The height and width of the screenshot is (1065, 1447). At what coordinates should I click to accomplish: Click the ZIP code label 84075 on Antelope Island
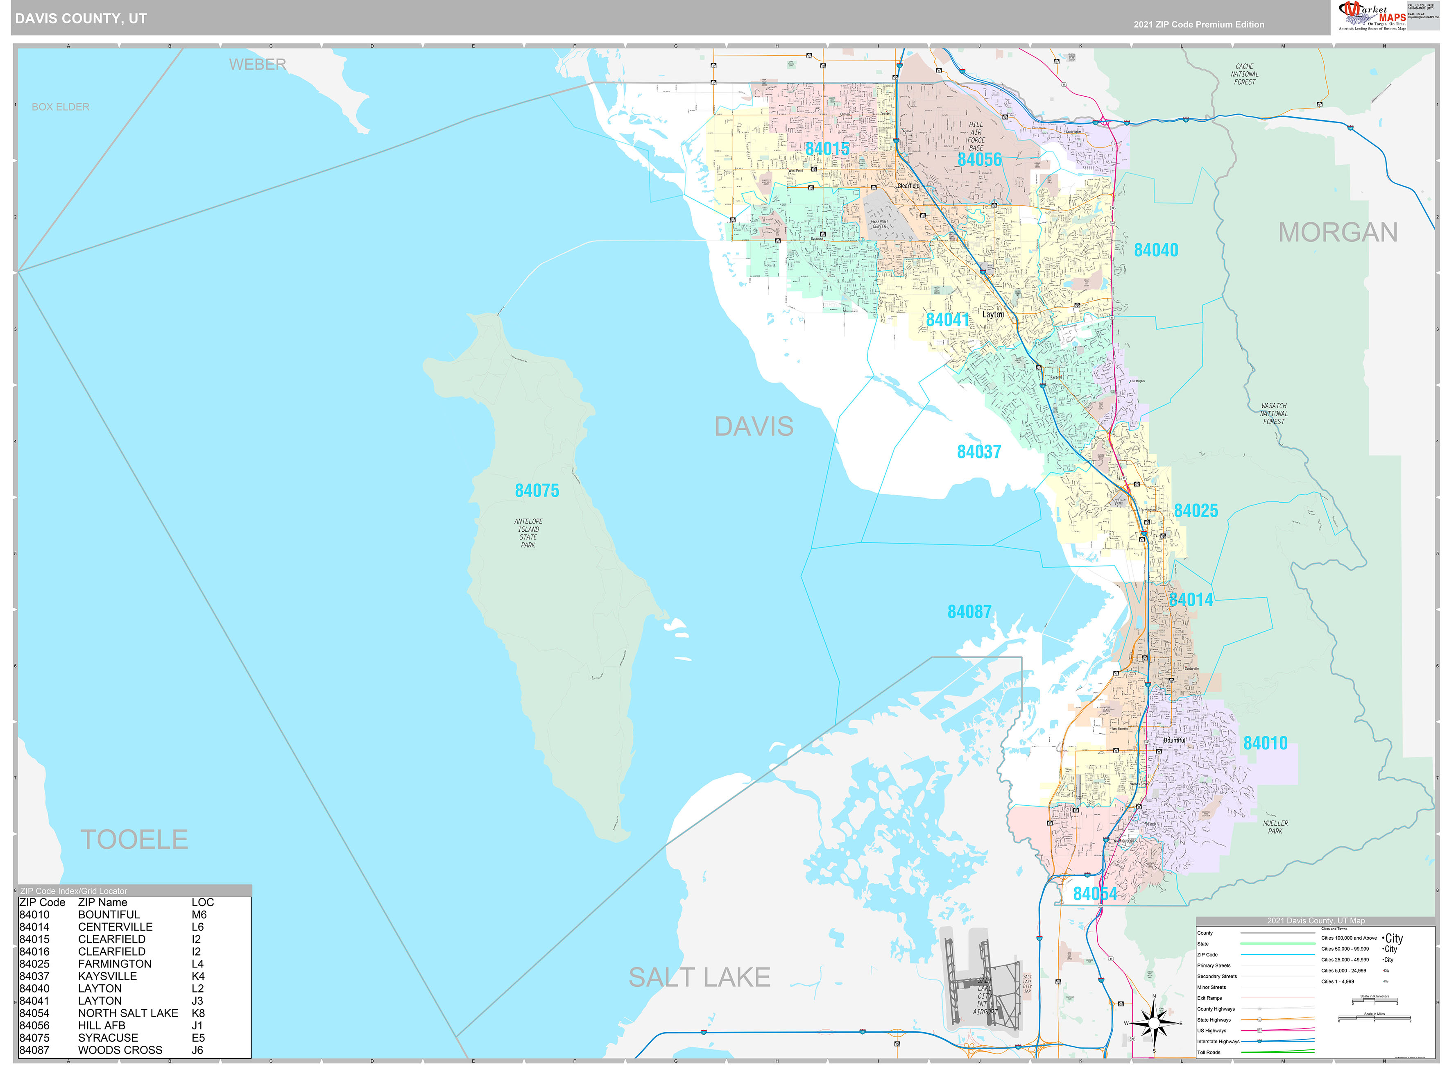[x=537, y=491]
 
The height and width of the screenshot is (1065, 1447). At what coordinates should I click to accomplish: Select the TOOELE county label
[x=134, y=839]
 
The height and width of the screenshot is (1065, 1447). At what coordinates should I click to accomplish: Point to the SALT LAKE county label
[x=699, y=977]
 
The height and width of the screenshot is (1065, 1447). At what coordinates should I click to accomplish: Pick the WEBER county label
[x=257, y=64]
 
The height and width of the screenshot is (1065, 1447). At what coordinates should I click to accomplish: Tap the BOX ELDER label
[x=61, y=107]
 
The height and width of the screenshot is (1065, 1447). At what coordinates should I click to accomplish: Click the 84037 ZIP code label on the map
[x=978, y=452]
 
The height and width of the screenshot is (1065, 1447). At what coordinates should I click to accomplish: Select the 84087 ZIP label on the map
[x=969, y=612]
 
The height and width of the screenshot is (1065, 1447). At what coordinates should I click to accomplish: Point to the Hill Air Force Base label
[x=976, y=136]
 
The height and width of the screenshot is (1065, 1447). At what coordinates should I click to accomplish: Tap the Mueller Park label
[x=1275, y=827]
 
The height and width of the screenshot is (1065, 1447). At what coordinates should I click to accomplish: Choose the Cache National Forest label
[x=1244, y=74]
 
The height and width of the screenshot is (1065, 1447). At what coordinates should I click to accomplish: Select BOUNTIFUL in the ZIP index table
[x=108, y=914]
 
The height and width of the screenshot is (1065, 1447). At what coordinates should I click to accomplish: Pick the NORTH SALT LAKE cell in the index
[x=128, y=1013]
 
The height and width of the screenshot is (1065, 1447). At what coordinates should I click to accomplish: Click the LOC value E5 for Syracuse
[x=198, y=1037]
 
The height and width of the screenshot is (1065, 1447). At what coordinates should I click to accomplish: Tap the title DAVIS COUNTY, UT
[x=81, y=19]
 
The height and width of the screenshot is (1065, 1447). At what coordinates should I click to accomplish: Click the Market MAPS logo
[x=1372, y=16]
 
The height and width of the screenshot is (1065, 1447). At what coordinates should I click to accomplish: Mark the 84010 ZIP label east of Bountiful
[x=1265, y=743]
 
